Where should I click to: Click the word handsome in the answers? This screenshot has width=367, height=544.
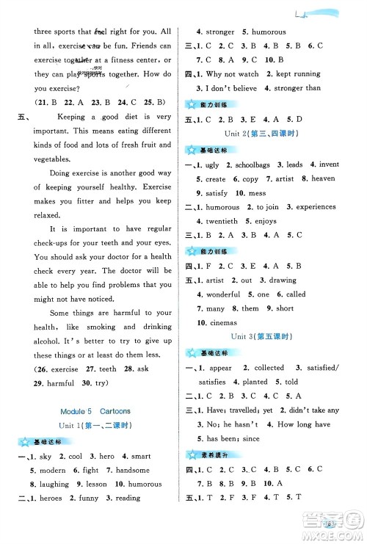pos(133,471)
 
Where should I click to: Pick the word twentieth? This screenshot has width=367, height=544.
pos(221,221)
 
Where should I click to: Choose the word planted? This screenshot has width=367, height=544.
pos(255,382)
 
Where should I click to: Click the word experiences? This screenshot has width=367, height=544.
pos(300,207)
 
